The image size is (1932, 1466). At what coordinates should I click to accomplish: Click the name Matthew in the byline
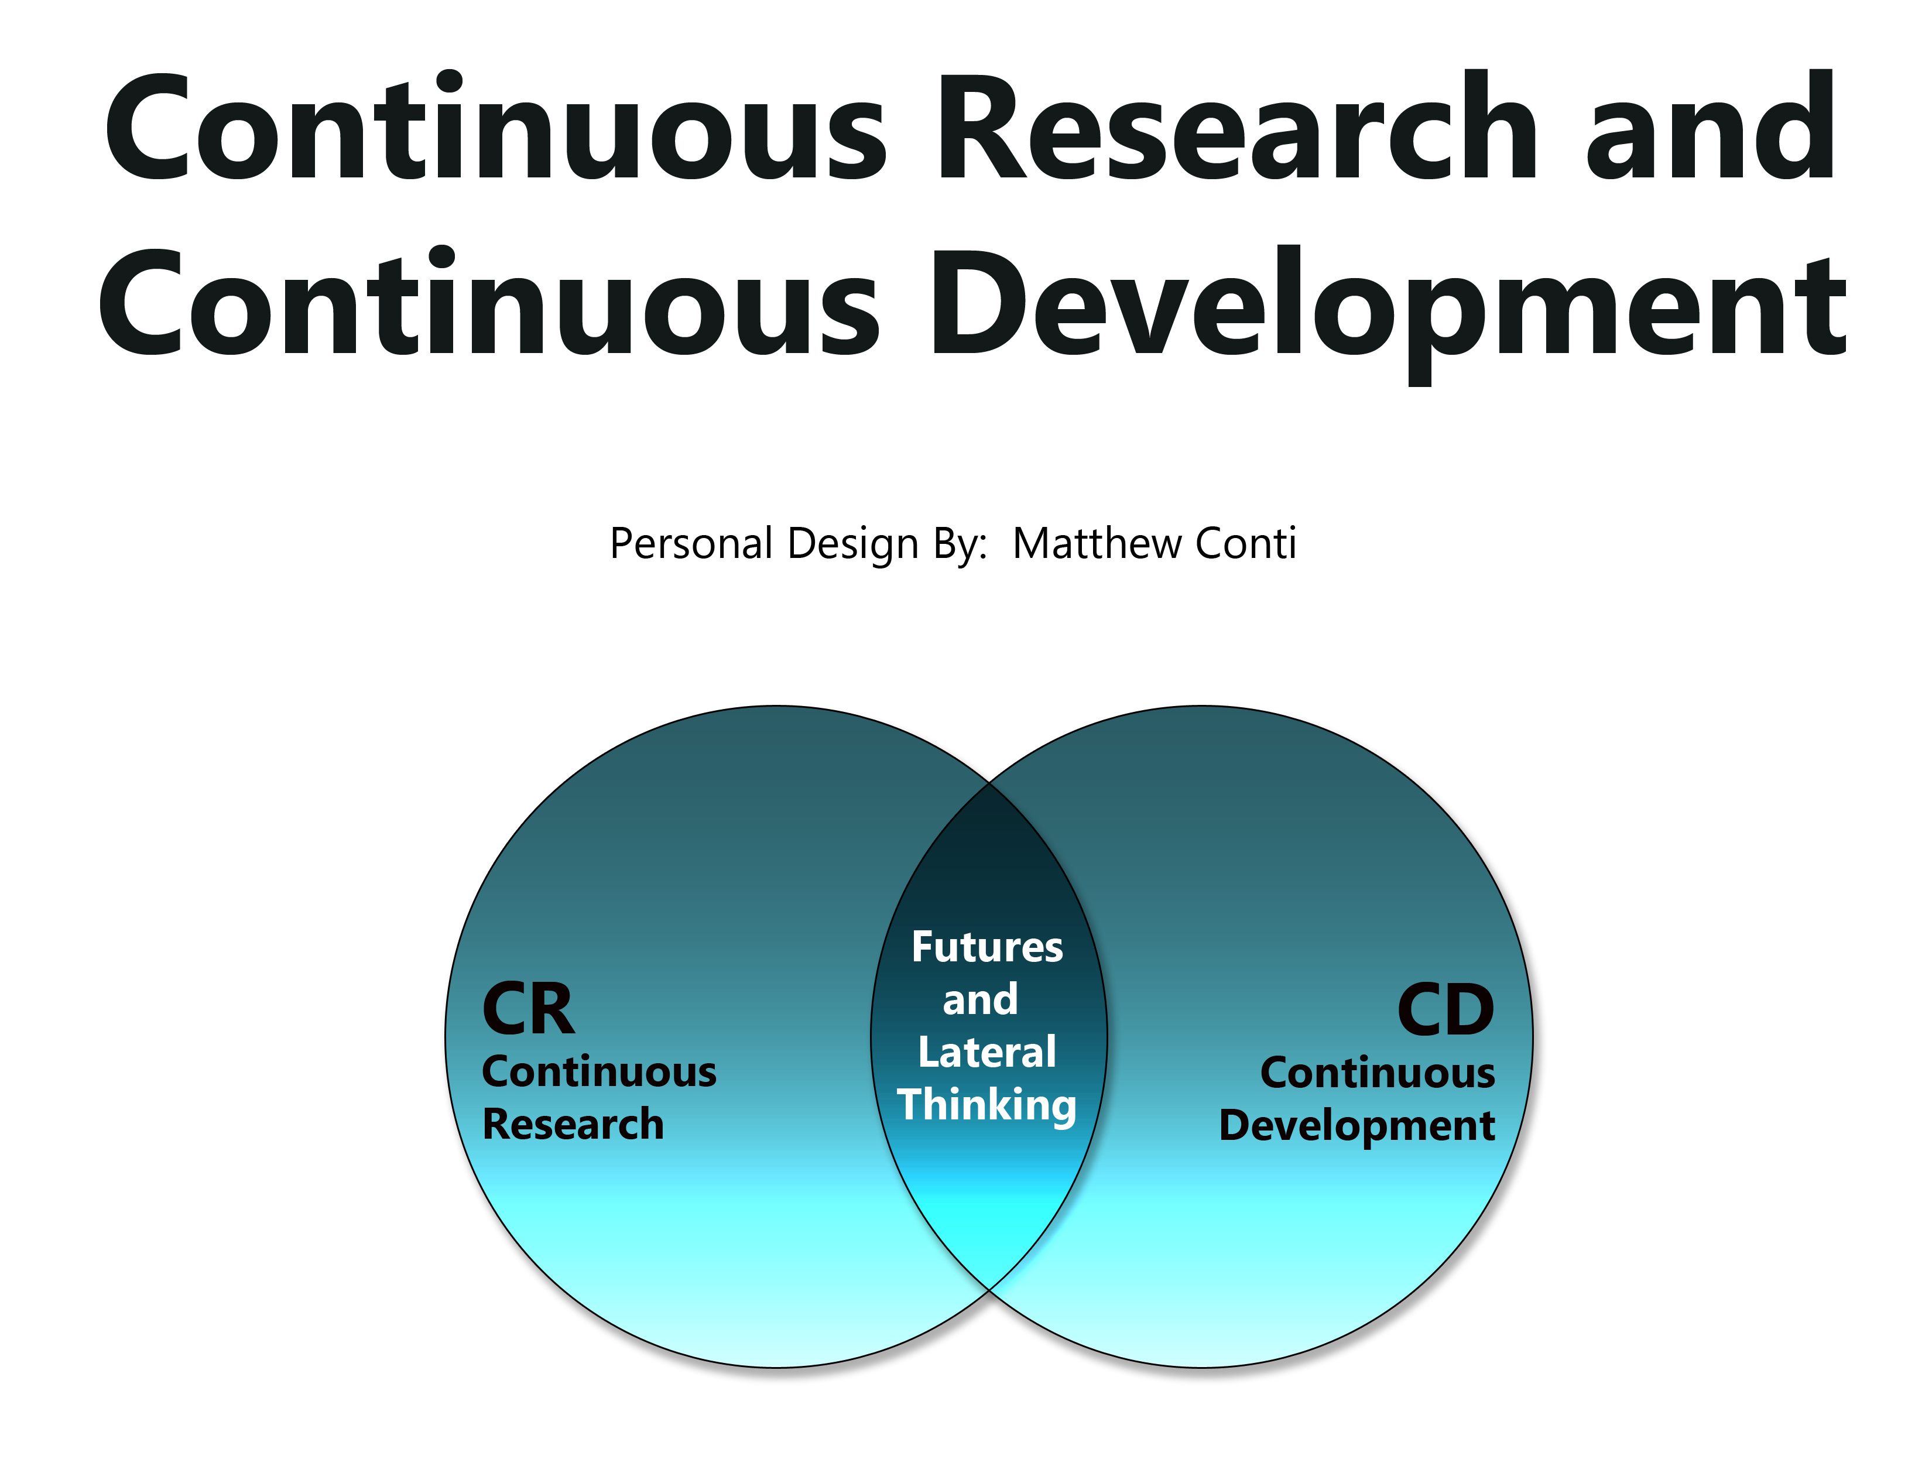point(1098,543)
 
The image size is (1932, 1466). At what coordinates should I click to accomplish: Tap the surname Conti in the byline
point(1245,543)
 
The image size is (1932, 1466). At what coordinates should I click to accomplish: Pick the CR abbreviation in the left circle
point(529,1009)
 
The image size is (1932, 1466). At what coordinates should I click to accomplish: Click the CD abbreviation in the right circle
point(1447,1010)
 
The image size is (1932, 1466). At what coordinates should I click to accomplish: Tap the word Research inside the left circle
point(573,1124)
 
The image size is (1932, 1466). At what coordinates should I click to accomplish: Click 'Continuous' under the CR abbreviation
point(599,1071)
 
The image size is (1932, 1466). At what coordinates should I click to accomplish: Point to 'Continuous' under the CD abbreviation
point(1378,1072)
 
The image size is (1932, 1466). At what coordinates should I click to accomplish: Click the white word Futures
point(988,947)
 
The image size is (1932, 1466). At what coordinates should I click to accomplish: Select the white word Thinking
point(987,1106)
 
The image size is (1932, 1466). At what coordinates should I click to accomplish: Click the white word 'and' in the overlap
point(981,999)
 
